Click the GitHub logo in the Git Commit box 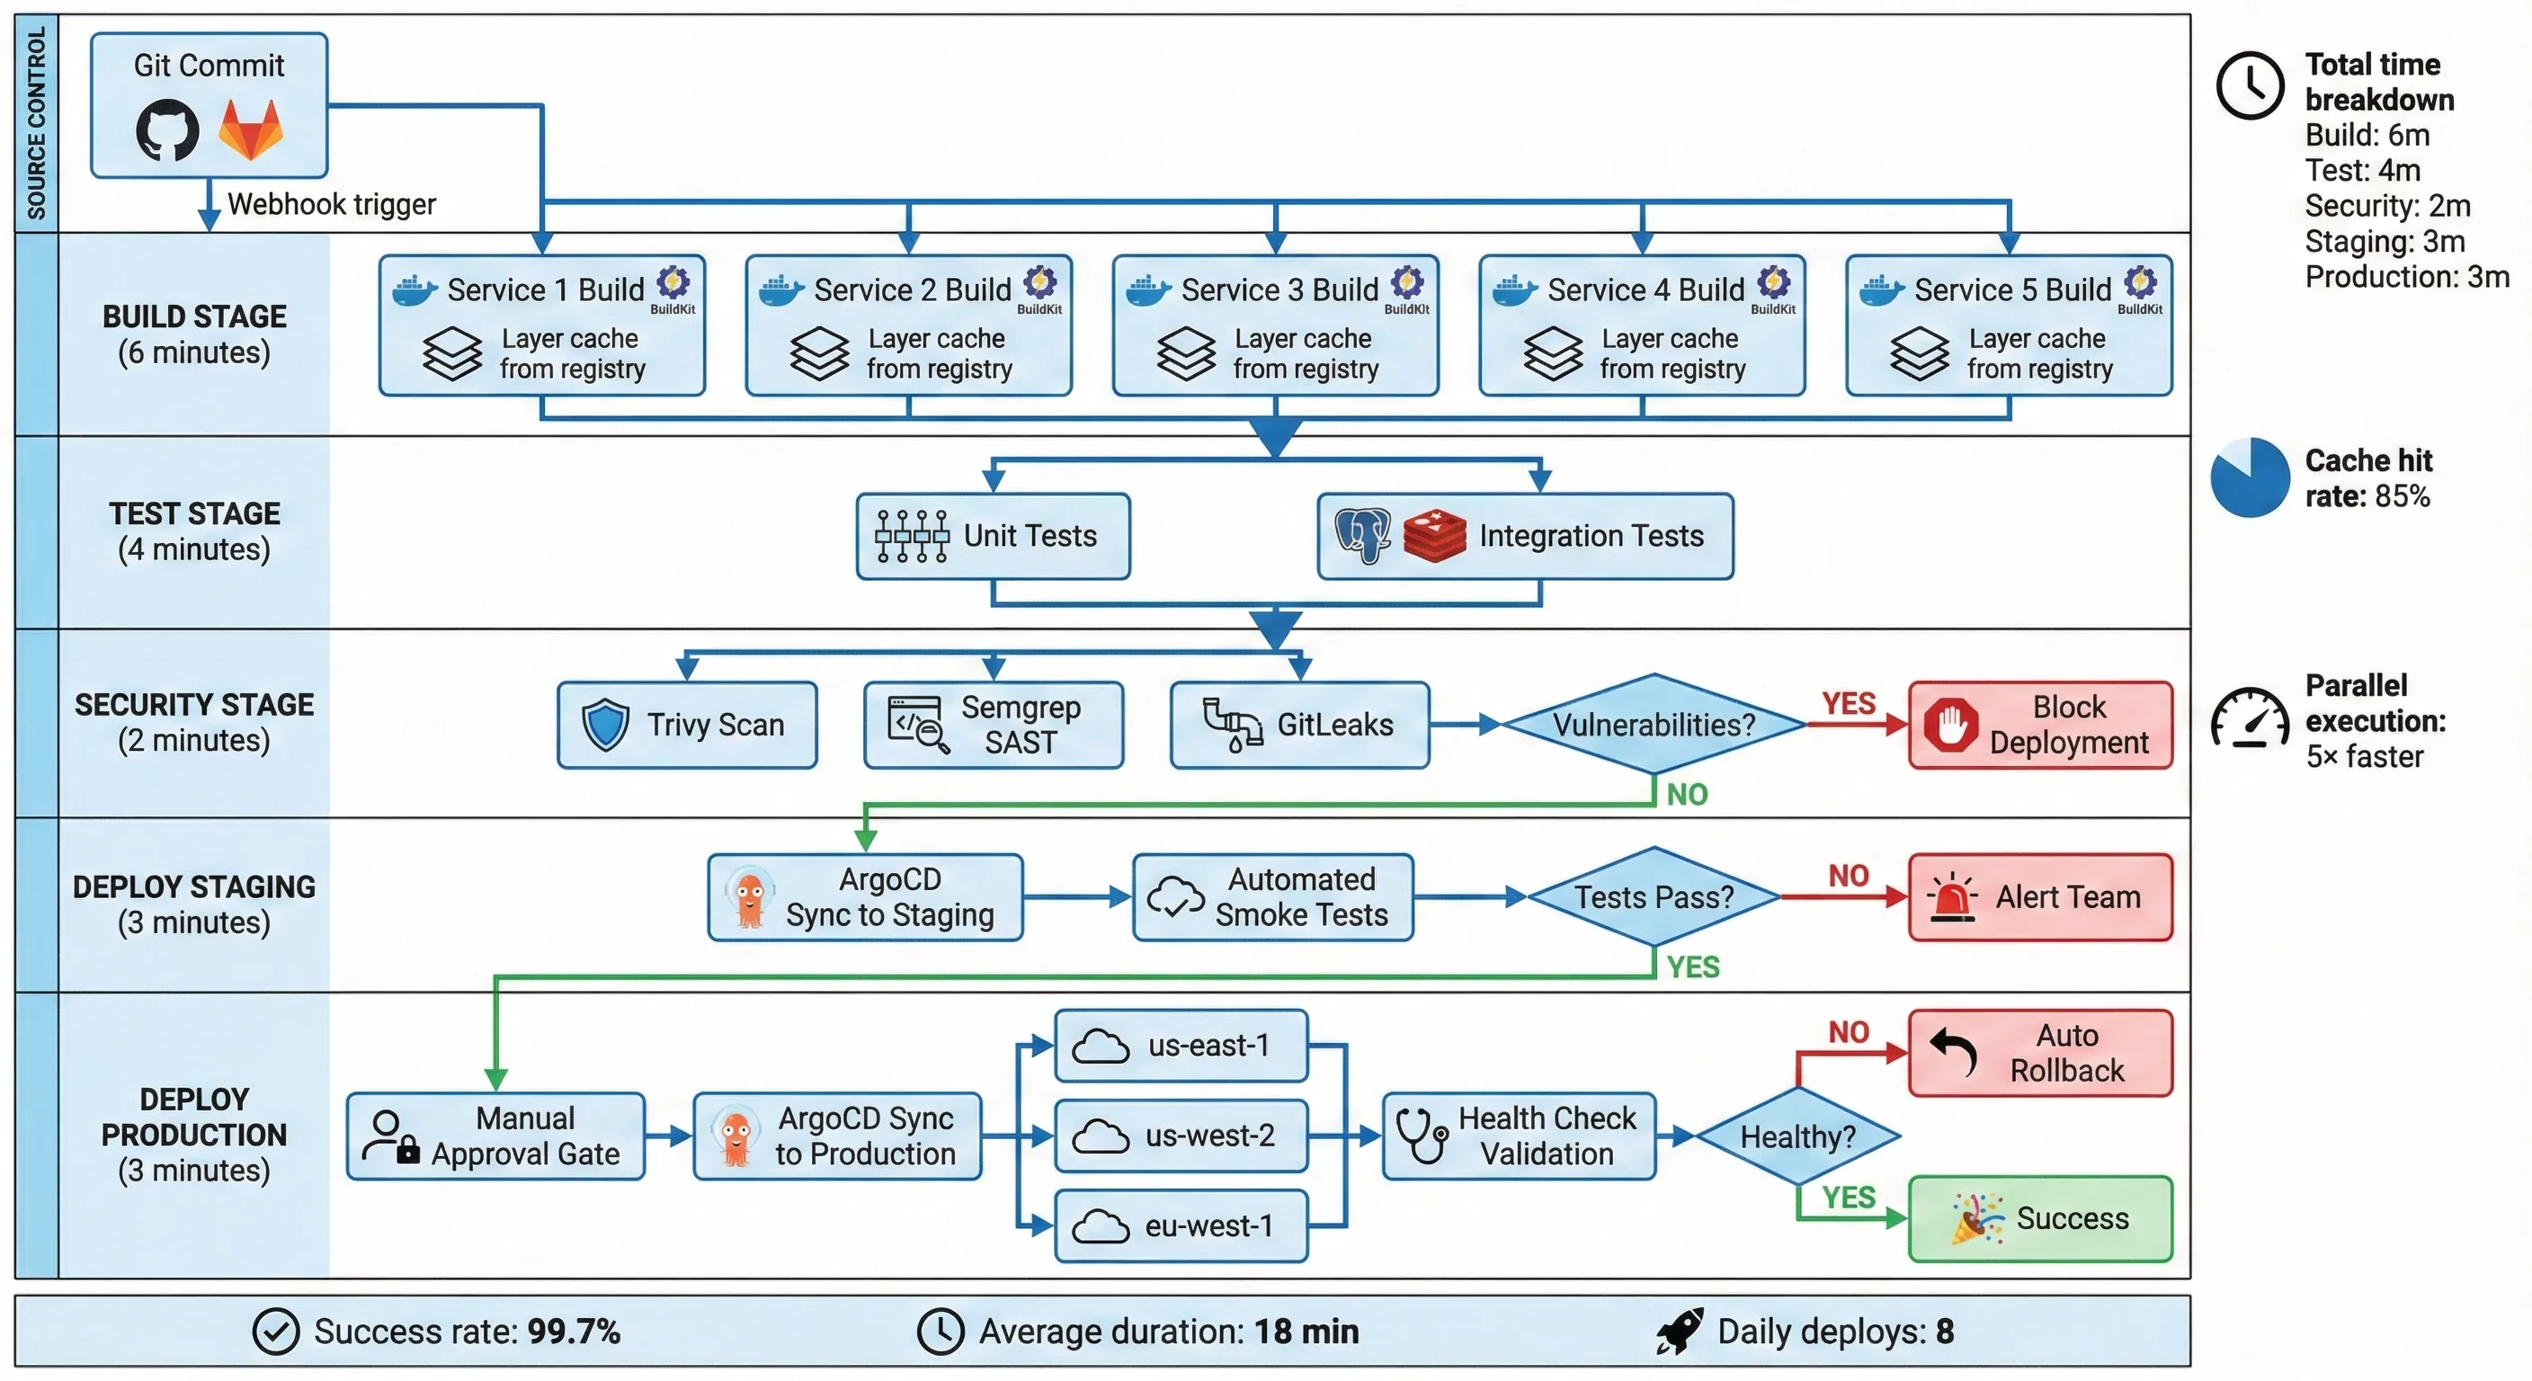pos(167,129)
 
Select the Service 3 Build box pos(1275,325)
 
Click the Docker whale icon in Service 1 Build pos(414,290)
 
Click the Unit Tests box pos(993,536)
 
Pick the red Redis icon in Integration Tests pos(1434,536)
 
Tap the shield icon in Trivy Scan pos(604,726)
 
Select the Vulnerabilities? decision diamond pos(1654,725)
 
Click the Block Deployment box pos(2039,725)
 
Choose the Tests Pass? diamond pos(1654,896)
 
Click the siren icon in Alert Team pos(1952,896)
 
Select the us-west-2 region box pos(1181,1136)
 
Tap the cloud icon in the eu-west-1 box pos(1100,1226)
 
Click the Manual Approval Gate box pos(495,1136)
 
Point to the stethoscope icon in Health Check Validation pos(1422,1136)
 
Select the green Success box pos(2039,1219)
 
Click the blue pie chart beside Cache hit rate pos(2249,477)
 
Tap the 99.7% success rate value pos(573,1332)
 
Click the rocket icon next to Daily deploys pos(1680,1332)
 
